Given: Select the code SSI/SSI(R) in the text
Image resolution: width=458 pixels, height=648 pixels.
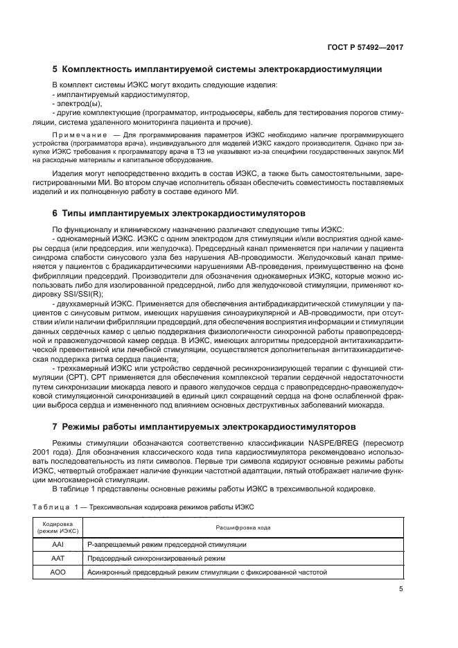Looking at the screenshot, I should click(x=78, y=294).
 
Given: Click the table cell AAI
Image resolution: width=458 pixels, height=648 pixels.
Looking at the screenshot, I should click(x=58, y=544).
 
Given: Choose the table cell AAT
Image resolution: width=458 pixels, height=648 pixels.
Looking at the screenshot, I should click(x=58, y=558).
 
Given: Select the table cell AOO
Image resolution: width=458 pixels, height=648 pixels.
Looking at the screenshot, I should click(x=58, y=572).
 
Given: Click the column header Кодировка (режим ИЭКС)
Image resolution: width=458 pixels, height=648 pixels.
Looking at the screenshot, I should click(x=58, y=527).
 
